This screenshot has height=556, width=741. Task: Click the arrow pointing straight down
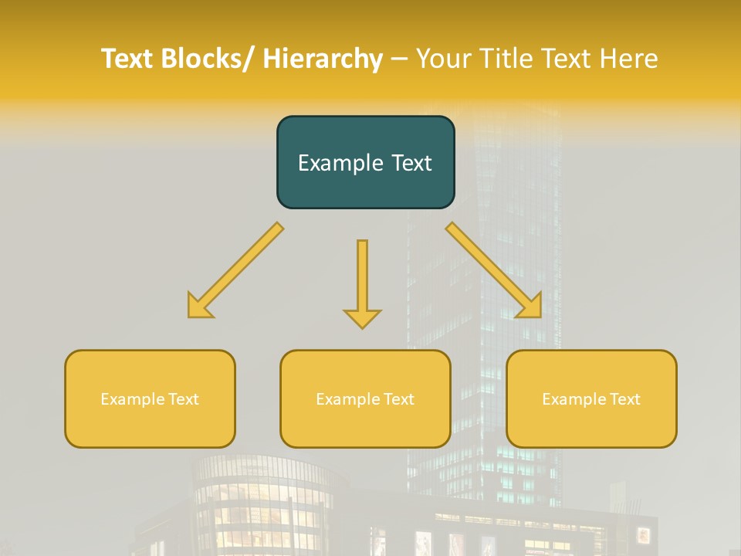(x=362, y=282)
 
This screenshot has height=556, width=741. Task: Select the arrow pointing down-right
(x=494, y=270)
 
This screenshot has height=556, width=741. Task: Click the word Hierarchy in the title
(x=323, y=59)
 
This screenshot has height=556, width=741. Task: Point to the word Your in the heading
(x=444, y=59)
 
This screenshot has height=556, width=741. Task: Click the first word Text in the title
(x=128, y=59)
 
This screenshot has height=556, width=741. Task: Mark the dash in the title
(x=399, y=59)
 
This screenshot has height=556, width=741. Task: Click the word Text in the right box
(x=624, y=399)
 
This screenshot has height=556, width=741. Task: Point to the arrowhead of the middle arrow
(x=362, y=317)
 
